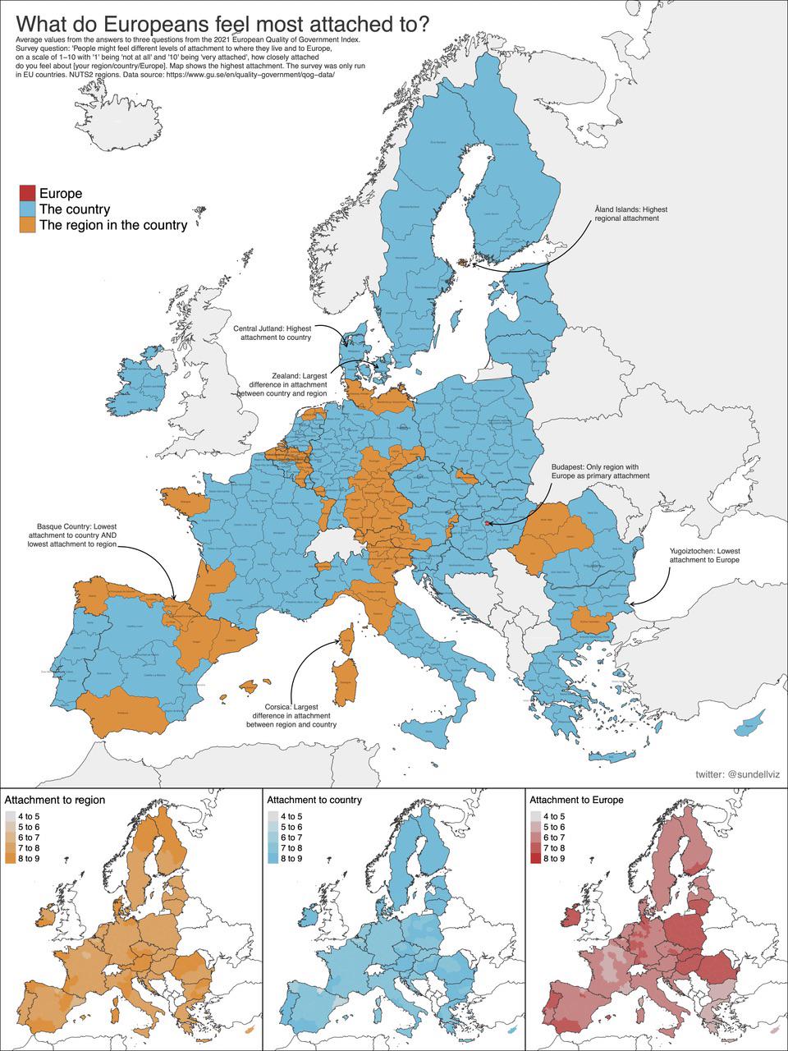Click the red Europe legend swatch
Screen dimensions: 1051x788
pyautogui.click(x=27, y=194)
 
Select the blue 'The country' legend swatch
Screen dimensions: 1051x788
pyautogui.click(x=27, y=209)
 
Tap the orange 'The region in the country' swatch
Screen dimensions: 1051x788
pyautogui.click(x=27, y=225)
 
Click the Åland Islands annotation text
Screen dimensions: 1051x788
pyautogui.click(x=625, y=214)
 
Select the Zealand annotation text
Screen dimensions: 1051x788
pyautogui.click(x=282, y=384)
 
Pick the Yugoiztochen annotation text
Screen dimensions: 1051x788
pyautogui.click(x=704, y=555)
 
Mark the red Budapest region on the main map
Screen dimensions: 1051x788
pyautogui.click(x=488, y=523)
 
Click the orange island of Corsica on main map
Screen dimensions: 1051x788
pyautogui.click(x=347, y=637)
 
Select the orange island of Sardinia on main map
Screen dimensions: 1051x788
pyautogui.click(x=347, y=682)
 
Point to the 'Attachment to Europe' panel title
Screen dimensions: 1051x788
pyautogui.click(x=576, y=800)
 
